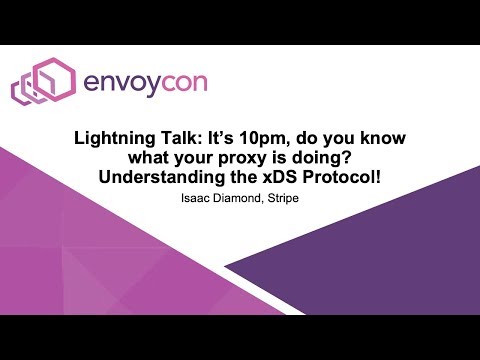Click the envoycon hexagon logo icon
click(x=39, y=82)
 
